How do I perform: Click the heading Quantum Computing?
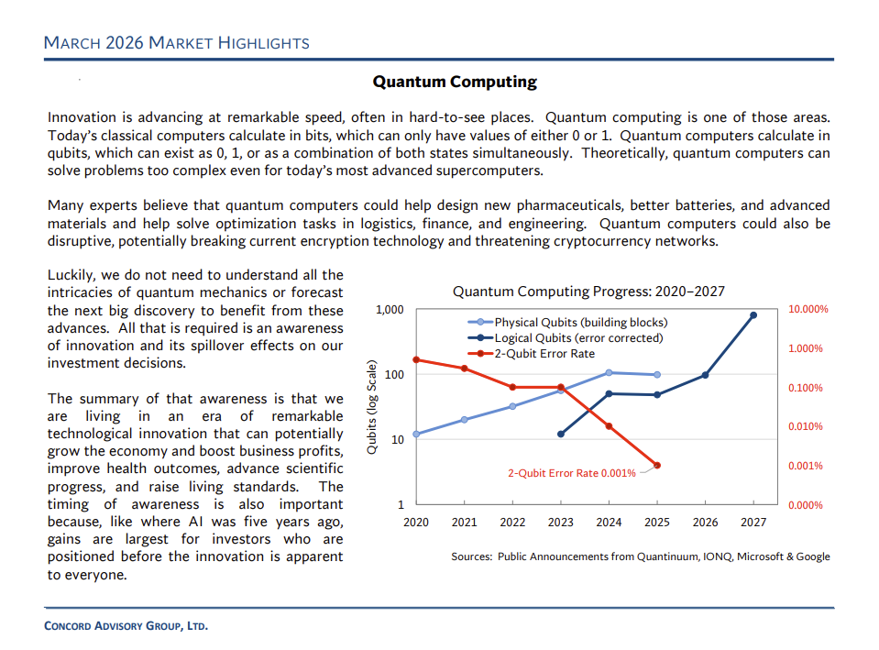point(454,82)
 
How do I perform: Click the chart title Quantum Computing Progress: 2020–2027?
point(588,292)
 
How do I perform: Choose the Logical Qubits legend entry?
point(578,338)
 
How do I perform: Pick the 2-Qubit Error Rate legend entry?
point(544,353)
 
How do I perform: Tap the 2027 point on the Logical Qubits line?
point(753,315)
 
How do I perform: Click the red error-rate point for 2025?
point(657,465)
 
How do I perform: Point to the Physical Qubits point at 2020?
point(416,434)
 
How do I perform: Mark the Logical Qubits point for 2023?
point(561,434)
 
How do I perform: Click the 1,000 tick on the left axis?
point(390,310)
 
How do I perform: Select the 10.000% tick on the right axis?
point(808,310)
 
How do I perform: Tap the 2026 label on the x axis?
point(705,522)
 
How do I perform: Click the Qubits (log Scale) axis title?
point(371,407)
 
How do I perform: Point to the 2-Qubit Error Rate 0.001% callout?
point(571,473)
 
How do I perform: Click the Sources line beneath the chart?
point(640,556)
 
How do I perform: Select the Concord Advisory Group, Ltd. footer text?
point(126,627)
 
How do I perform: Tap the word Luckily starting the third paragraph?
point(71,274)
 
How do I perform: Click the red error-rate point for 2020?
point(416,359)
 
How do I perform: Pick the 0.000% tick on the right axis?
point(808,505)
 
